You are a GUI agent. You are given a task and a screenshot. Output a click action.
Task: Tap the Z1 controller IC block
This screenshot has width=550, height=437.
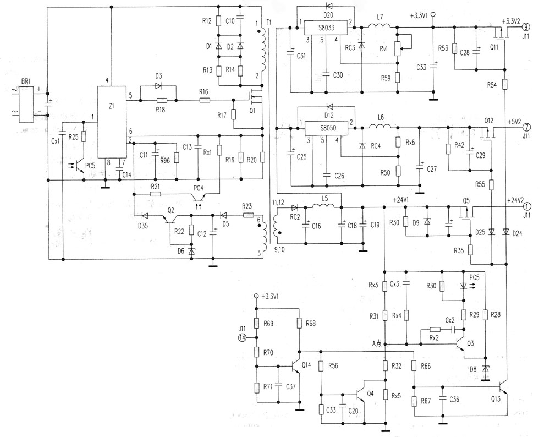click(x=112, y=122)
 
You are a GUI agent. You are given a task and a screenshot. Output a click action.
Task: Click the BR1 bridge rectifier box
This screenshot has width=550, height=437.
click(x=26, y=105)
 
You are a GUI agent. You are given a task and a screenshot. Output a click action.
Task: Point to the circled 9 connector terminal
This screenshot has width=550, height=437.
click(x=525, y=26)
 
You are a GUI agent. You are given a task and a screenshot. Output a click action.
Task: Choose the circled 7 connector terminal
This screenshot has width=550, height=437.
click(x=526, y=127)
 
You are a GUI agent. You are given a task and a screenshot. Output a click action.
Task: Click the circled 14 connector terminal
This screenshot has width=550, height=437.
click(x=242, y=338)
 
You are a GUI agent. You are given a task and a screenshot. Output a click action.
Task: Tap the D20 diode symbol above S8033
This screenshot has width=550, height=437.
click(x=329, y=6)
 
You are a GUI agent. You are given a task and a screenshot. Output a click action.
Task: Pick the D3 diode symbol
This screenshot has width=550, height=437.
click(x=158, y=86)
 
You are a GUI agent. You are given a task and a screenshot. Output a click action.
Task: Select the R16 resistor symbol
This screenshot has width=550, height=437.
click(x=205, y=100)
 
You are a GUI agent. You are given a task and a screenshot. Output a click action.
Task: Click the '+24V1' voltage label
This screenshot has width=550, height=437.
click(x=402, y=201)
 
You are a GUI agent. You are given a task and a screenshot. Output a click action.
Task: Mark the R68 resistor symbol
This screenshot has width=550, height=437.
click(x=299, y=323)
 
